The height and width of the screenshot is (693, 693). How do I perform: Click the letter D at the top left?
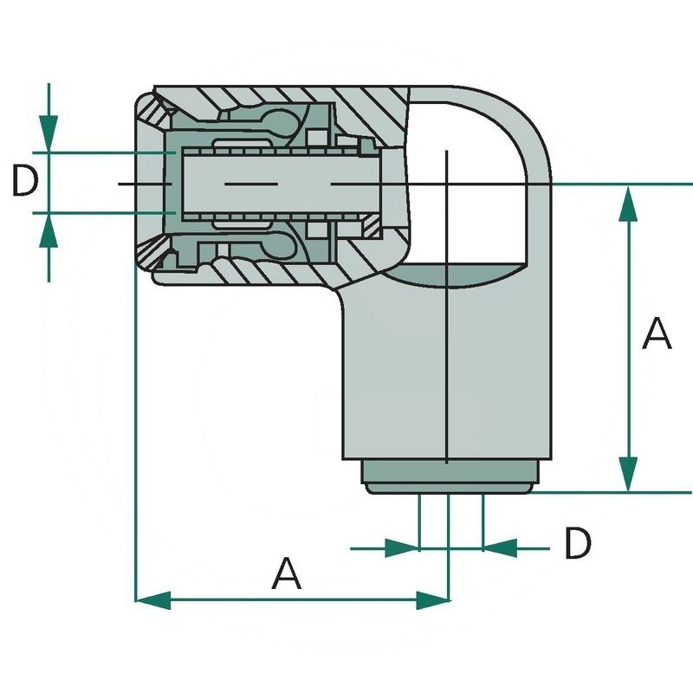click(26, 181)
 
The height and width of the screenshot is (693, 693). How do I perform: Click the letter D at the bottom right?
click(577, 544)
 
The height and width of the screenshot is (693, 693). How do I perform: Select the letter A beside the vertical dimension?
click(657, 334)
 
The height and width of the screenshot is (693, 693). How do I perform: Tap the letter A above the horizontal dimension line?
click(287, 574)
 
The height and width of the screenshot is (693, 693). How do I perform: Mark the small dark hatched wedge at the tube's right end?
click(371, 227)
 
